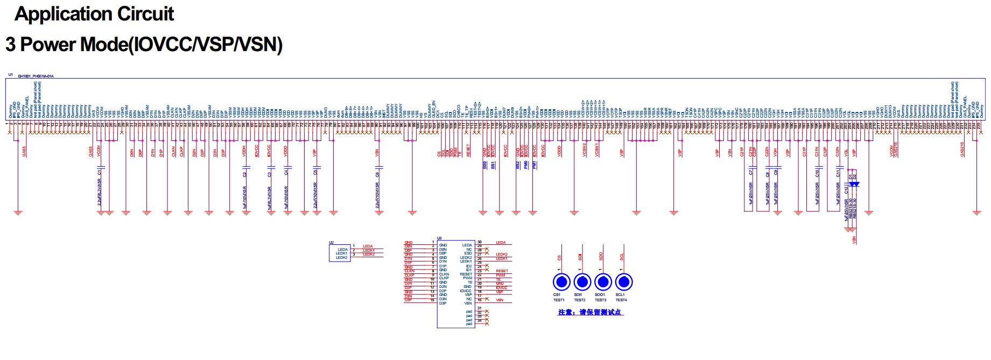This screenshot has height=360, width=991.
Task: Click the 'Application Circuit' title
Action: click(94, 14)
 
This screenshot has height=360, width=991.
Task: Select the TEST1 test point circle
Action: click(561, 281)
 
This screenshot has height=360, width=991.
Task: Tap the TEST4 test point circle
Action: click(623, 281)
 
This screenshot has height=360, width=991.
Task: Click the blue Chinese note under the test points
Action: click(590, 312)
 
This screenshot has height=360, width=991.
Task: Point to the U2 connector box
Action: click(340, 253)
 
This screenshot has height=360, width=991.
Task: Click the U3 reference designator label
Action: click(439, 238)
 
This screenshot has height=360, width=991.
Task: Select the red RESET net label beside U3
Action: click(502, 271)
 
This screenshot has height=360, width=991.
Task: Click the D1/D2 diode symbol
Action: click(852, 184)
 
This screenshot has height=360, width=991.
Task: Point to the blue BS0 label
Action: click(484, 165)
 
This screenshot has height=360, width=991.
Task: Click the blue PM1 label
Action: click(534, 165)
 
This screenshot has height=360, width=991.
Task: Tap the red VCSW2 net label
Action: click(585, 150)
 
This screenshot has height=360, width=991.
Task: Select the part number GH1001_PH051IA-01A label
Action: click(36, 76)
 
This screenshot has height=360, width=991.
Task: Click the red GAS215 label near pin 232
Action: click(962, 149)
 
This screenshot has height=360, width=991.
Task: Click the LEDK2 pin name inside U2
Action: click(341, 258)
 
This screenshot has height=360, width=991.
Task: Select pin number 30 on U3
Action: click(480, 242)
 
